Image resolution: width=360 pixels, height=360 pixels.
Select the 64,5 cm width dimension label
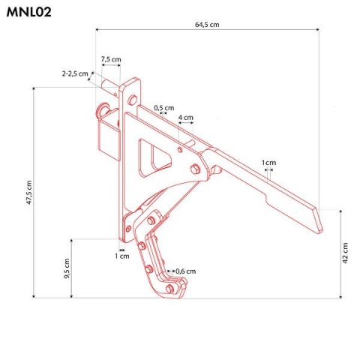click(x=206, y=25)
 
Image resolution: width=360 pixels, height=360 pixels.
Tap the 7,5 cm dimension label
click(x=111, y=58)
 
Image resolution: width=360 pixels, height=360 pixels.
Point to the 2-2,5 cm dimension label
click(x=74, y=73)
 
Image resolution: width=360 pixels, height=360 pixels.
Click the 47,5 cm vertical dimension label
click(x=28, y=193)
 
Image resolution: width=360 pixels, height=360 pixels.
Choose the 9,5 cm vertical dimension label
click(x=66, y=268)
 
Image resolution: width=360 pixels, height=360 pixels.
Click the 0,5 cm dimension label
click(x=163, y=108)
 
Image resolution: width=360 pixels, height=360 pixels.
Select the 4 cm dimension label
click(x=185, y=117)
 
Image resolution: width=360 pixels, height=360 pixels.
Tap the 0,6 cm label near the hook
click(x=185, y=271)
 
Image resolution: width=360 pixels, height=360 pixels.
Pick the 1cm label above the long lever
click(x=268, y=162)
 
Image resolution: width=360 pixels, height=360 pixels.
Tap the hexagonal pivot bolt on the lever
click(x=196, y=169)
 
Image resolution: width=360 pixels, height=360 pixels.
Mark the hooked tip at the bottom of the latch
click(x=178, y=289)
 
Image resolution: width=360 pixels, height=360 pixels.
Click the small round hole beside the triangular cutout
click(x=180, y=148)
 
